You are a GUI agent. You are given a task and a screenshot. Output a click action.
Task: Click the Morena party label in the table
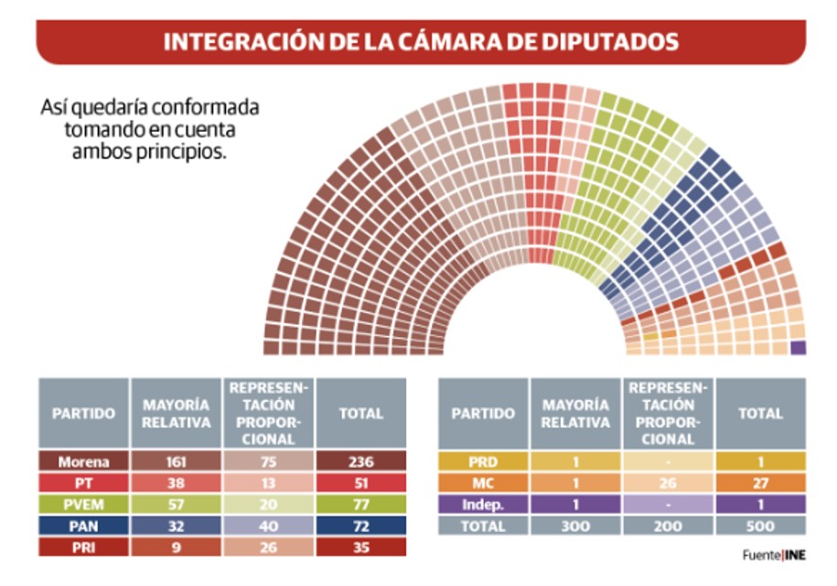[83, 461]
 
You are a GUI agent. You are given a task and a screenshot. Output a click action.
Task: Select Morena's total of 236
[360, 461]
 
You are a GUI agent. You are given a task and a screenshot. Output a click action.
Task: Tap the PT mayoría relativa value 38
[176, 483]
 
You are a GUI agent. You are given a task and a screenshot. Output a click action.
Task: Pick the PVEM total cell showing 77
[360, 505]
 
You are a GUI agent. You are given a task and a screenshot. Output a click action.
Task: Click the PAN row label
[83, 526]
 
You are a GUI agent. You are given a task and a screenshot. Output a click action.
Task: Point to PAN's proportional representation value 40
[269, 526]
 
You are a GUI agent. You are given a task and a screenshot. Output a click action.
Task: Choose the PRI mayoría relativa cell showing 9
[176, 548]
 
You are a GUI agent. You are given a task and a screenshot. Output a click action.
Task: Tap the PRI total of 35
[360, 548]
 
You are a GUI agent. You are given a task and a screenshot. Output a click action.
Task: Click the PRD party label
[483, 461]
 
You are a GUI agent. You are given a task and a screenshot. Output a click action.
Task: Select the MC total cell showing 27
[761, 483]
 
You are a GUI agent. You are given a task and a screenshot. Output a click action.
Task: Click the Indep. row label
[483, 505]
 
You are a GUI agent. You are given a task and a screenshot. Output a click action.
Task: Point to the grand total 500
[761, 526]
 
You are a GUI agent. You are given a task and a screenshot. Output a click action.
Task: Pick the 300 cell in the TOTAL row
[574, 526]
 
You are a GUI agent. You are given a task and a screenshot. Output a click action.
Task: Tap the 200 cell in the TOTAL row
[668, 526]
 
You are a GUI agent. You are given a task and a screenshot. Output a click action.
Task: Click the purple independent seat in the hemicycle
[798, 348]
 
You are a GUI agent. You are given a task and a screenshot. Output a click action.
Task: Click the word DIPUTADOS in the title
[609, 42]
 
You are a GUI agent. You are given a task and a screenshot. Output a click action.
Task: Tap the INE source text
[795, 556]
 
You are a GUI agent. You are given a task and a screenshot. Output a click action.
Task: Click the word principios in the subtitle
[181, 152]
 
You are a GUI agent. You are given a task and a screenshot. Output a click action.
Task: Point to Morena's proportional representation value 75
[269, 461]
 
